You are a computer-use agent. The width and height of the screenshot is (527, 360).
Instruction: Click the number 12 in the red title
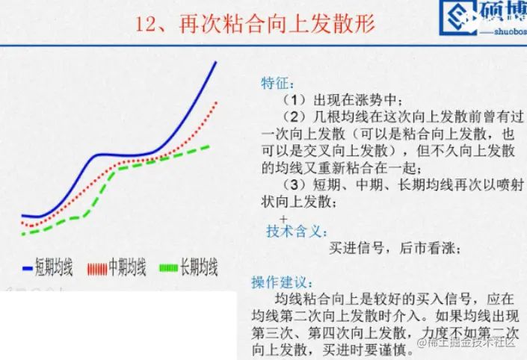tap(145, 24)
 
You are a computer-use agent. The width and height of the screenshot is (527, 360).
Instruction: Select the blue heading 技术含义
tap(297, 232)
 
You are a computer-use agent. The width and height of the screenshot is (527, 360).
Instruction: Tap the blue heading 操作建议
tap(282, 282)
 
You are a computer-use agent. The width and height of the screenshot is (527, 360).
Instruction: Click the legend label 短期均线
tap(54, 267)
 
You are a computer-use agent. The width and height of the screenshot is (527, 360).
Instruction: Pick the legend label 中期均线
tap(127, 267)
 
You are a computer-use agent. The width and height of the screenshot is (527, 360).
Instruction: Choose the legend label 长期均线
tap(199, 267)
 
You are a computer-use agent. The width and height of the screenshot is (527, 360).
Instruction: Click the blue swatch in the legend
tap(28, 268)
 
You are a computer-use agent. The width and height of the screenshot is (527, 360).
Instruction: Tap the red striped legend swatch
tap(97, 269)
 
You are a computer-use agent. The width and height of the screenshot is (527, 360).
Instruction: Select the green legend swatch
tap(169, 268)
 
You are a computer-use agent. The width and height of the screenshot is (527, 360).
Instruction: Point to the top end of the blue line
tap(216, 62)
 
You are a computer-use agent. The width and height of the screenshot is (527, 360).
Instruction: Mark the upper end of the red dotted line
tap(217, 102)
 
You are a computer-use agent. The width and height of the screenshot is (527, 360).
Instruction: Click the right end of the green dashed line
tap(209, 146)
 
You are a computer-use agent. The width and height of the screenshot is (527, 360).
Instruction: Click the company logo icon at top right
tap(459, 16)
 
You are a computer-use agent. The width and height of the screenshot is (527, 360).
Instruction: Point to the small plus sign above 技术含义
tap(284, 220)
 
